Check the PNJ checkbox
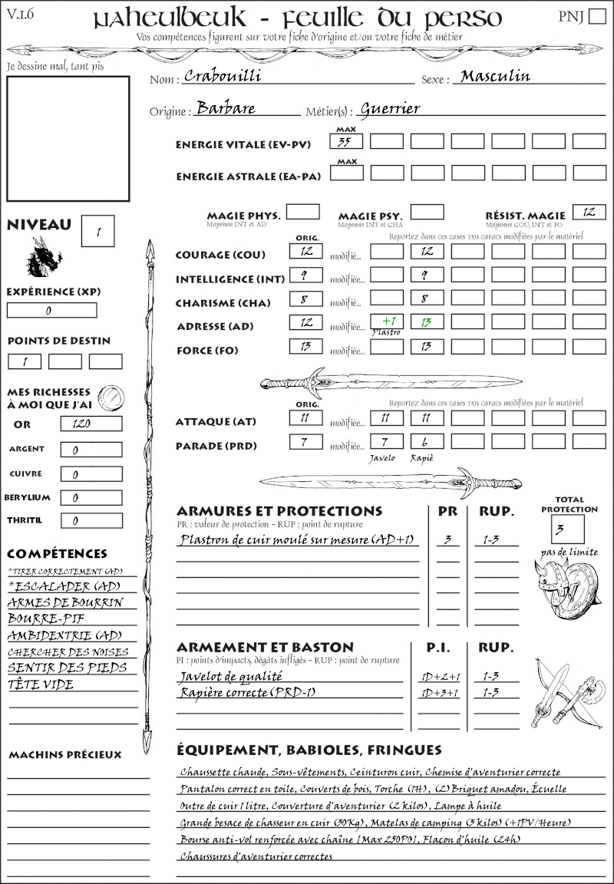tap(596, 17)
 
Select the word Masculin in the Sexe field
tap(495, 77)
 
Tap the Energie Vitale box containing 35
tap(346, 141)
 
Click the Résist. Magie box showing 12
tap(589, 212)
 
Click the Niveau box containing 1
tap(99, 230)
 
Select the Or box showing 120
tap(91, 424)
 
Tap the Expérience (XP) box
tap(51, 311)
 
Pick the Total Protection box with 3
tap(567, 529)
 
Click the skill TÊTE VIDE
tap(41, 684)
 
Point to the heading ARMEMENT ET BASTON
tap(265, 647)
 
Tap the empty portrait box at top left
tap(68, 138)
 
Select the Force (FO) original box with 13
tap(305, 347)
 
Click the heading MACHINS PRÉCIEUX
tap(64, 755)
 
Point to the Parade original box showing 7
tap(305, 441)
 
